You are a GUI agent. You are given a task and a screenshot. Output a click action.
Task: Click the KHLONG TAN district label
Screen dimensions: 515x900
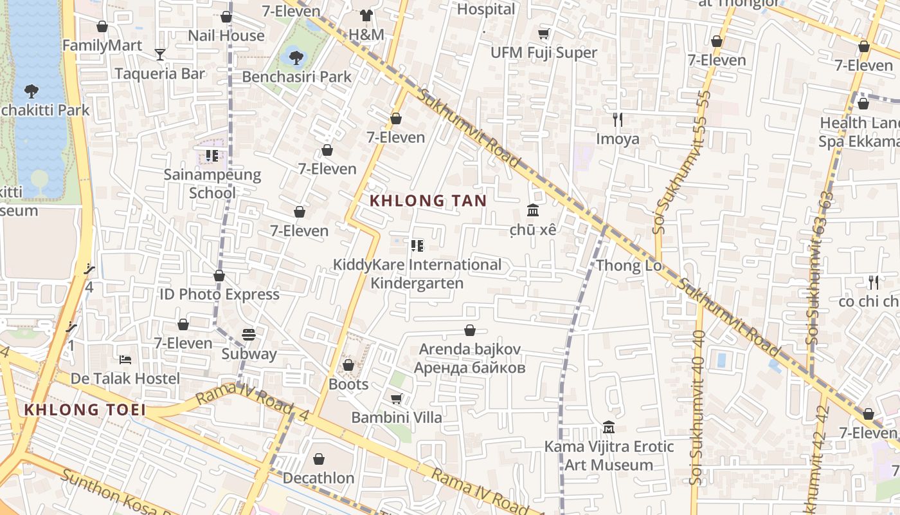pyautogui.click(x=429, y=201)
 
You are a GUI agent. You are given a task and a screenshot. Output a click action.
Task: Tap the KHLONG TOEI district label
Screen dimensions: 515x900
pyautogui.click(x=84, y=409)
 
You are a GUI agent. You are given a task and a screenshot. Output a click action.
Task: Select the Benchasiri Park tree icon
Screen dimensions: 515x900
pyautogui.click(x=296, y=58)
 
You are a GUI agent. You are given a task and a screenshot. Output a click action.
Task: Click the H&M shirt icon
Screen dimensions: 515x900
pyautogui.click(x=366, y=15)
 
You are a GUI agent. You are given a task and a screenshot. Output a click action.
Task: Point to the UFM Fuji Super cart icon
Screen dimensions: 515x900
pyautogui.click(x=544, y=33)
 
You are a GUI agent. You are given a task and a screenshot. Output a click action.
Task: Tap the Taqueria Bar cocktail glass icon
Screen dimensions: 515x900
pyautogui.click(x=160, y=55)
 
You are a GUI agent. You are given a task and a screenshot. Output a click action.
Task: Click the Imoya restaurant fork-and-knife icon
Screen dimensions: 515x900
pyautogui.click(x=618, y=120)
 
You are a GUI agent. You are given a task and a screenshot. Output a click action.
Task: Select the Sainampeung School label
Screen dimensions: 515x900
pyautogui.click(x=212, y=183)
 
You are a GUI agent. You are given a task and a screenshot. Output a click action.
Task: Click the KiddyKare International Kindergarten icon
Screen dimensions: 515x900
pyautogui.click(x=417, y=246)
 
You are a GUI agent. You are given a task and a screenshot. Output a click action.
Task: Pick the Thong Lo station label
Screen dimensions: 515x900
pyautogui.click(x=628, y=266)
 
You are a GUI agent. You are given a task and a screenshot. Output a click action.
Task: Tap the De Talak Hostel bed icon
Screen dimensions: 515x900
pyautogui.click(x=125, y=359)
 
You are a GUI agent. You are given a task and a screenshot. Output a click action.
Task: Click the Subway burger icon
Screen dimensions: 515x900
pyautogui.click(x=249, y=335)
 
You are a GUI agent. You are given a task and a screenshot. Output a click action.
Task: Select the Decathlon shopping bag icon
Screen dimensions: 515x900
pyautogui.click(x=319, y=459)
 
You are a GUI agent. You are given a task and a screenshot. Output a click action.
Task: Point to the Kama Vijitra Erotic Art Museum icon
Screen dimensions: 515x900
pyautogui.click(x=609, y=427)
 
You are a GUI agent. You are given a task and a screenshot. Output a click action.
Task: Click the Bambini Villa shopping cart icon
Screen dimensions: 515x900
pyautogui.click(x=397, y=399)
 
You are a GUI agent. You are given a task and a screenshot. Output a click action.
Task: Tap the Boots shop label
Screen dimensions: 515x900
pyautogui.click(x=348, y=384)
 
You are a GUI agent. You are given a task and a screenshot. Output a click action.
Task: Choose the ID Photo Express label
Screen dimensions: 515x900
pyautogui.click(x=219, y=294)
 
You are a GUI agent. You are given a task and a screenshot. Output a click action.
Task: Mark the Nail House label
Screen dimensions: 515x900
pyautogui.click(x=226, y=35)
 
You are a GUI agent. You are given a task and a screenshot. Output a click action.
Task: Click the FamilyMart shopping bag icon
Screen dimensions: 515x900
pyautogui.click(x=102, y=26)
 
